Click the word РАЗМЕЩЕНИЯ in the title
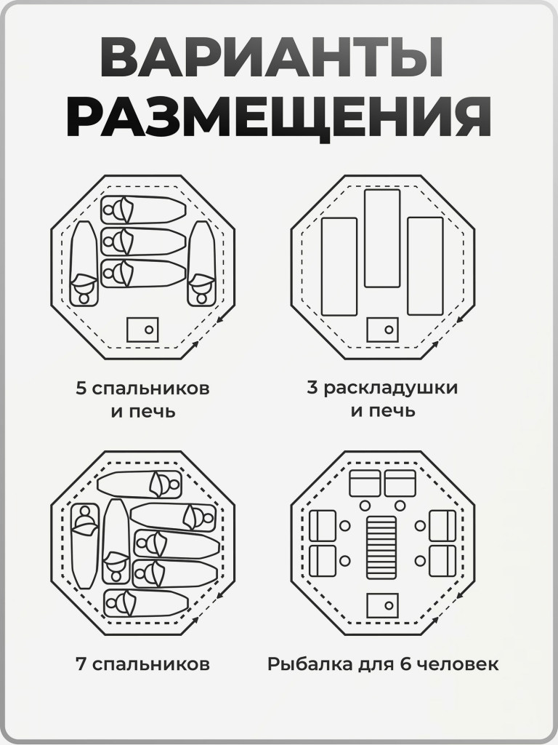(279, 119)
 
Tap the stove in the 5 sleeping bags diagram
(142, 329)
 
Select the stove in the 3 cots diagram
(382, 330)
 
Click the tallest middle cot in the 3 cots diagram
(382, 238)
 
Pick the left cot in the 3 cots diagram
(339, 266)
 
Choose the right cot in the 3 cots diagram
(425, 266)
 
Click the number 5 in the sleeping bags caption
(81, 388)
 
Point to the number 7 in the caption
(81, 664)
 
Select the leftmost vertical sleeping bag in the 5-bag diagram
(84, 264)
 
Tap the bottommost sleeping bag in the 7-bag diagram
(145, 602)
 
